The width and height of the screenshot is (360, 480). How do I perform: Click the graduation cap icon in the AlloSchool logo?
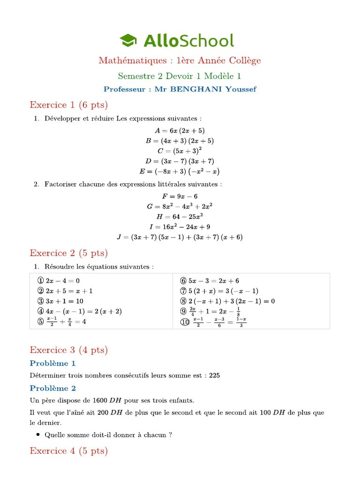[x=128, y=41]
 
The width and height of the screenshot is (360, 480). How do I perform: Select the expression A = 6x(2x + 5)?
[x=180, y=131]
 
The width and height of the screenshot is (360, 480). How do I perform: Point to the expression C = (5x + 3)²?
[x=180, y=151]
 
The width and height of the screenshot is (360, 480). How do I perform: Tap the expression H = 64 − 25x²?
[x=180, y=217]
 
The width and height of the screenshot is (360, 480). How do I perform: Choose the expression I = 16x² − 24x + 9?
[x=180, y=227]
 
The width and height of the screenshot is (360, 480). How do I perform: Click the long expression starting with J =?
[x=180, y=237]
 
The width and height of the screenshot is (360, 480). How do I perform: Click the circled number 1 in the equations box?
[x=40, y=281]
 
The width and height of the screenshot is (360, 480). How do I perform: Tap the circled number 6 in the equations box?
[x=183, y=281]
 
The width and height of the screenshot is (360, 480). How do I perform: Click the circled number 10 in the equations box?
[x=184, y=322]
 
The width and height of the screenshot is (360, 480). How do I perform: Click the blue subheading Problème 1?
[x=52, y=363]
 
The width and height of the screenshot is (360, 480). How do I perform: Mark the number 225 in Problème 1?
[x=215, y=375]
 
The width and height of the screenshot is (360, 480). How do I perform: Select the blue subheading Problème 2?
[x=52, y=388]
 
